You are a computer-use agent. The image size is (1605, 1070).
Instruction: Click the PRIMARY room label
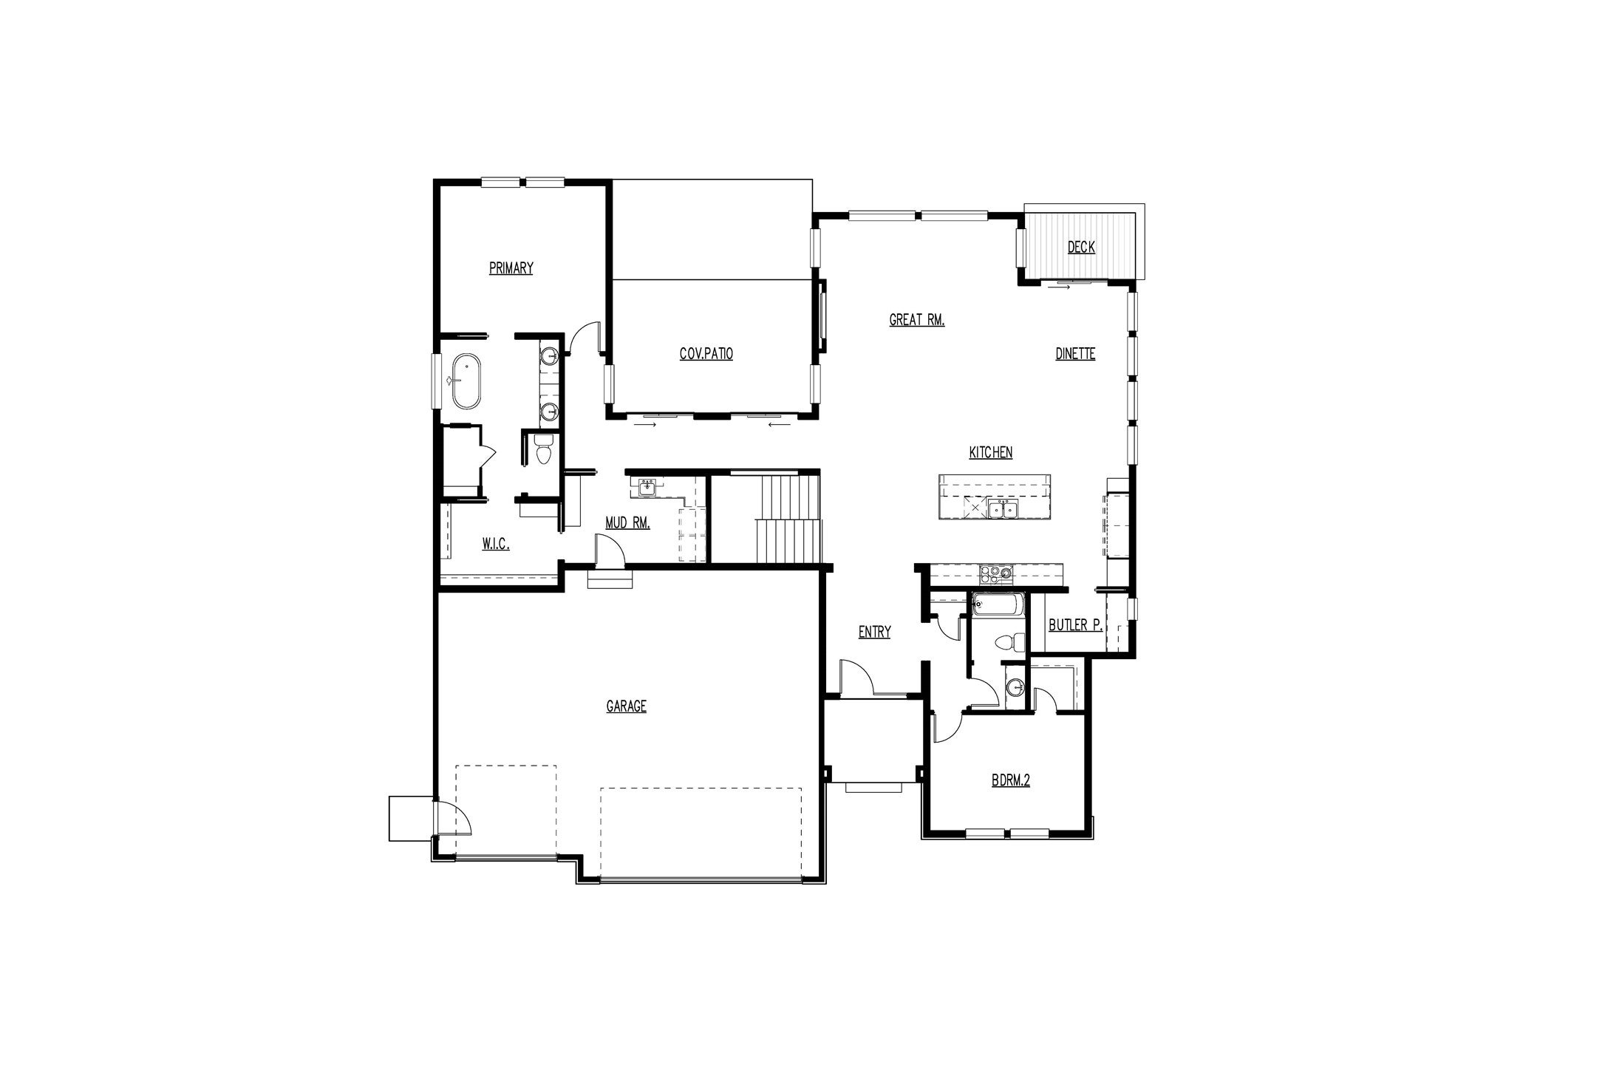click(x=511, y=268)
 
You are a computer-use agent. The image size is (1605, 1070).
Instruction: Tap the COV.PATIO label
click(x=706, y=354)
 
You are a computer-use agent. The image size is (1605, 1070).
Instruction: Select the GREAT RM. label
click(x=917, y=320)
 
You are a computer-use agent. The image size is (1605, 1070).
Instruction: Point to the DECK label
click(x=1081, y=248)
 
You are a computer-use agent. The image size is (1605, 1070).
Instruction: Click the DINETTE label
click(x=1075, y=354)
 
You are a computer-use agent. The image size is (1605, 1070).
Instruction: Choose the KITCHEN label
click(x=991, y=452)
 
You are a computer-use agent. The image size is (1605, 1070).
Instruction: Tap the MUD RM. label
click(x=627, y=523)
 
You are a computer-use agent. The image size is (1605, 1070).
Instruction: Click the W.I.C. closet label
click(x=496, y=545)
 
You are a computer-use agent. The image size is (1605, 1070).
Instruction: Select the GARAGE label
click(x=627, y=706)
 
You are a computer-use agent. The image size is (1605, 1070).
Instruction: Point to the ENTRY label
click(x=874, y=632)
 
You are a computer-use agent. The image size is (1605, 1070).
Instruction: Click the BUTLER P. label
click(x=1076, y=625)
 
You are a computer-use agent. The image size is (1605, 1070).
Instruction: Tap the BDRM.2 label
click(x=1011, y=780)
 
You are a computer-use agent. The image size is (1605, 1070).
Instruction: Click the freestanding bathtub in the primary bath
click(x=466, y=381)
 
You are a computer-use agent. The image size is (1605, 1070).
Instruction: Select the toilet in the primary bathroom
click(x=544, y=450)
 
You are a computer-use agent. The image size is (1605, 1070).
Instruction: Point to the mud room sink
click(x=647, y=487)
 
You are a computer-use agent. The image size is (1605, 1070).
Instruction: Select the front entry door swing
click(x=858, y=676)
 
